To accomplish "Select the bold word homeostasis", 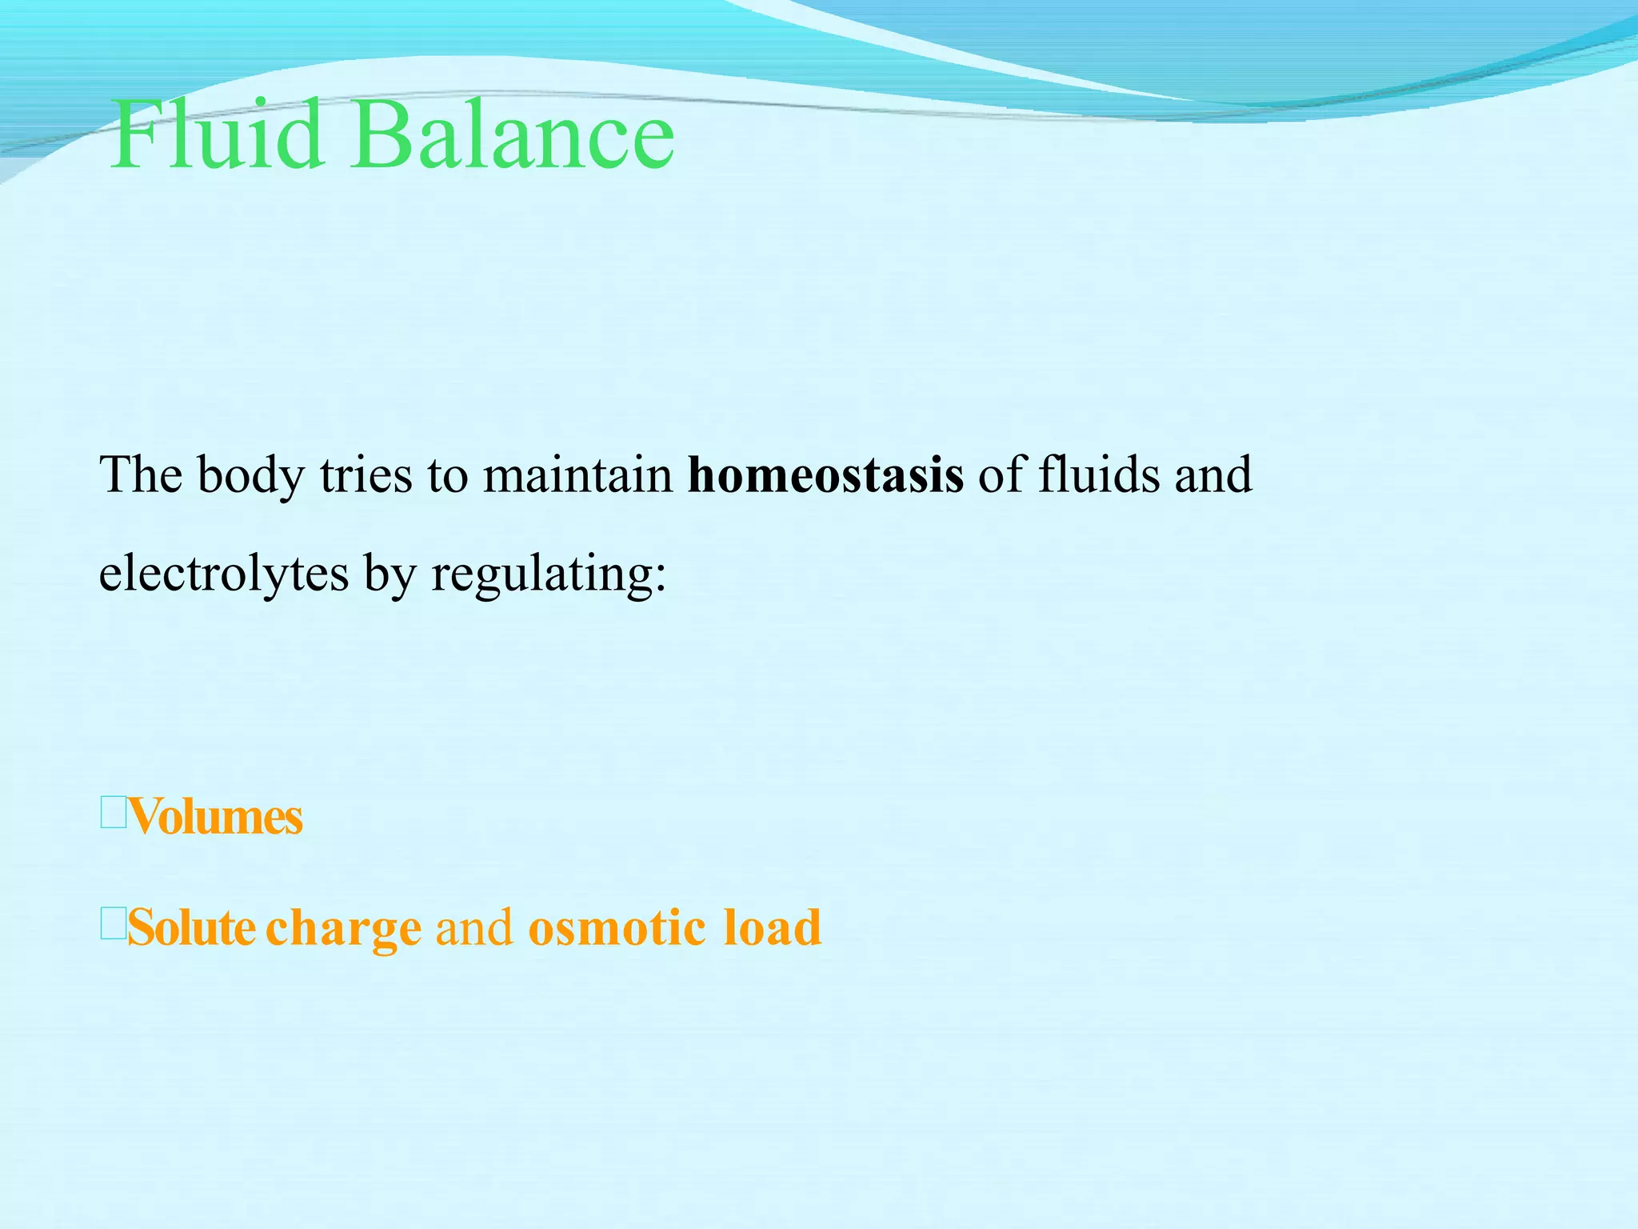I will [x=825, y=474].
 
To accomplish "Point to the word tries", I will [x=366, y=474].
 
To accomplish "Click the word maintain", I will [x=578, y=474].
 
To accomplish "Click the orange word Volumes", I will [x=215, y=817].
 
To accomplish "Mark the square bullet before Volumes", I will [x=113, y=814].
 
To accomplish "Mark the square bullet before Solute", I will [x=113, y=925].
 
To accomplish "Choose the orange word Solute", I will [x=191, y=928].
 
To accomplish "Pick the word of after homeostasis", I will [x=1001, y=474].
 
